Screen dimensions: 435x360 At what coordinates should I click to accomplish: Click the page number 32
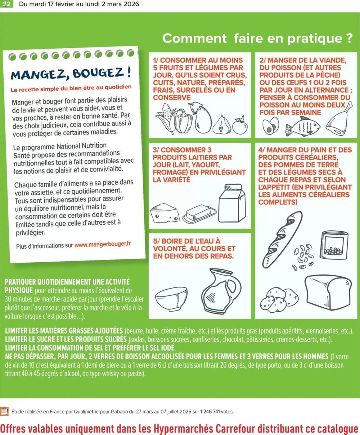coord(7,4)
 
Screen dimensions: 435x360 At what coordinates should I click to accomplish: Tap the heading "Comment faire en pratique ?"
coord(257,38)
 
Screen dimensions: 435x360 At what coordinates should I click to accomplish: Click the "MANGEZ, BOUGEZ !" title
coord(71,74)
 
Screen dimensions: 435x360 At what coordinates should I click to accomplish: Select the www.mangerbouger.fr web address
coord(103,244)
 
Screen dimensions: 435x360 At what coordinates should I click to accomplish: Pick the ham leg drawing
coord(339,119)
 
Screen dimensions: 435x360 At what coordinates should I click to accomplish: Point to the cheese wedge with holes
coord(165,213)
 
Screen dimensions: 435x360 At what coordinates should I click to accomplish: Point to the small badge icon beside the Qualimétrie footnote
coord(4,411)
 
